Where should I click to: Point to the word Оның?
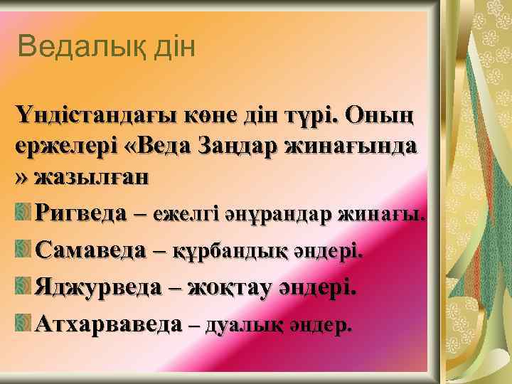[x=390, y=115]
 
